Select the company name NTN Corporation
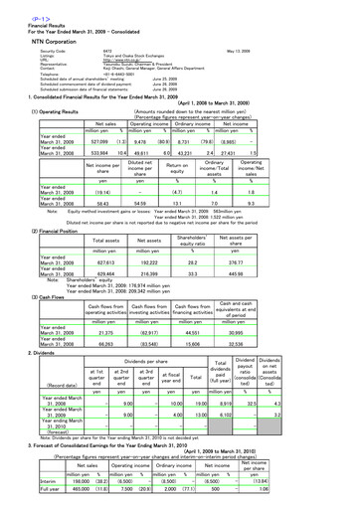pyautogui.click(x=35, y=33)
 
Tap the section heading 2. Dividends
pyautogui.click(x=29, y=352)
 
